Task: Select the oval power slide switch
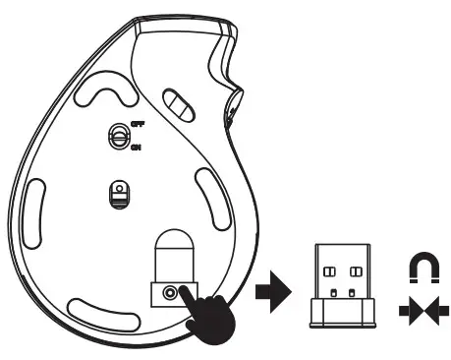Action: [116, 138]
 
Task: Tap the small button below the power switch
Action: [117, 193]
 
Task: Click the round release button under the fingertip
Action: [173, 293]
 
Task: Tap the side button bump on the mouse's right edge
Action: [236, 99]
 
